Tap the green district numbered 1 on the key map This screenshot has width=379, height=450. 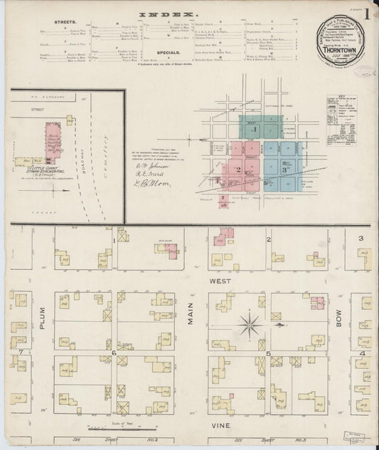pyautogui.click(x=254, y=130)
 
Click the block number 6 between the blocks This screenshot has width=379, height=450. pyautogui.click(x=114, y=352)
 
